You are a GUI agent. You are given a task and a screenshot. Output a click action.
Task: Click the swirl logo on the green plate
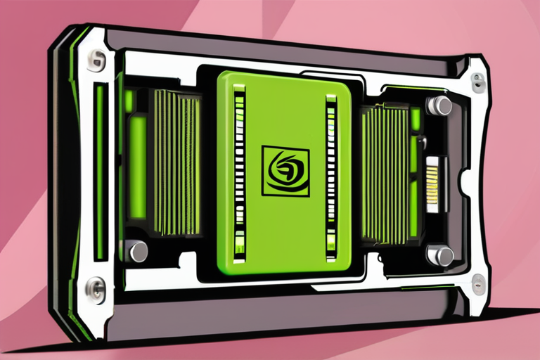click(285, 170)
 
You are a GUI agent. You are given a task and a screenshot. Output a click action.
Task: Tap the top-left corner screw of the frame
click(95, 60)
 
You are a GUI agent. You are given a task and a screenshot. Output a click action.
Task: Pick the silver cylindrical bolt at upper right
click(440, 105)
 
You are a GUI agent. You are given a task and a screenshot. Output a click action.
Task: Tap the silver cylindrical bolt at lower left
click(136, 250)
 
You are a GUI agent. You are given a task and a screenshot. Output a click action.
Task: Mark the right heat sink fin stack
click(383, 172)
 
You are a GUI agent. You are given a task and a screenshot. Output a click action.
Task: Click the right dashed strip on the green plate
click(331, 172)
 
